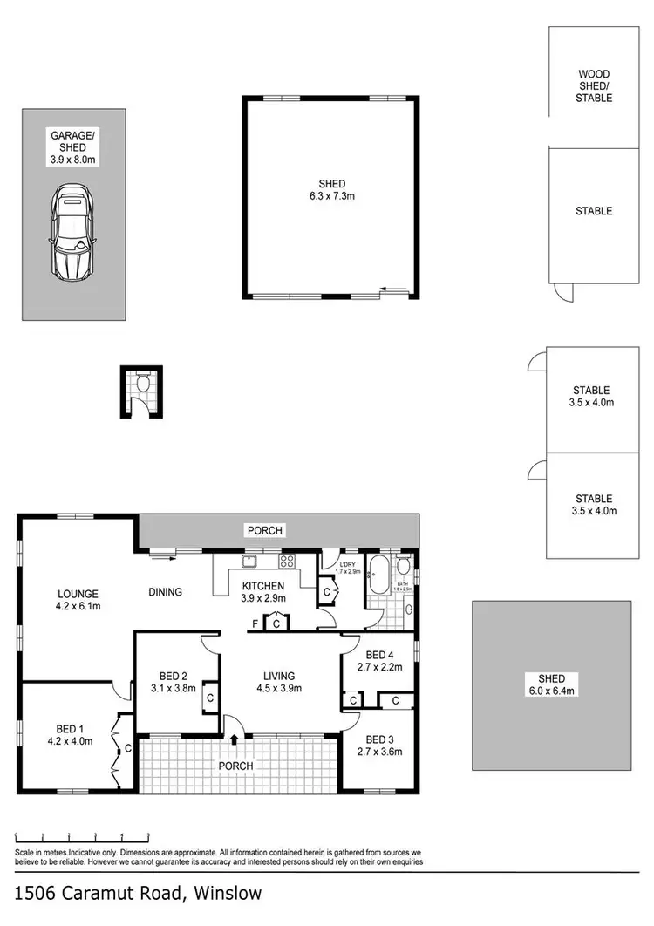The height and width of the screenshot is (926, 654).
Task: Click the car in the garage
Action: coord(72,231)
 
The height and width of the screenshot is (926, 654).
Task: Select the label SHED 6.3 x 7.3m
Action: coord(331,190)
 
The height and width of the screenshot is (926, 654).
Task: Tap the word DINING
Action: coord(165,593)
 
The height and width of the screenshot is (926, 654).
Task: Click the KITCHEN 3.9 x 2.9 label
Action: coord(264,592)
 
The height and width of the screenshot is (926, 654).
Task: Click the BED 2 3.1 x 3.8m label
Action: coord(169,682)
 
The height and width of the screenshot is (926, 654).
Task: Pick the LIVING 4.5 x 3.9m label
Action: coord(279,682)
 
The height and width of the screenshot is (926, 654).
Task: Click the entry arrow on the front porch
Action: coord(235,739)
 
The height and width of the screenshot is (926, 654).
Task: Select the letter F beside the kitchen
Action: coord(255,623)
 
